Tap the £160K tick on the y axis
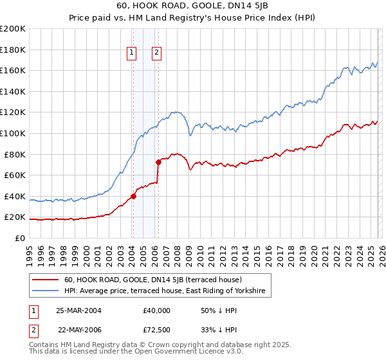point(13,70)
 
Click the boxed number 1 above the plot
point(132,53)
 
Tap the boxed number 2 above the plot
point(156,53)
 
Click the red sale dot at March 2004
point(134,196)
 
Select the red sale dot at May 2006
point(158,162)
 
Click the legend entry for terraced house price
point(152,280)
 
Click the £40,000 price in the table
point(156,310)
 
